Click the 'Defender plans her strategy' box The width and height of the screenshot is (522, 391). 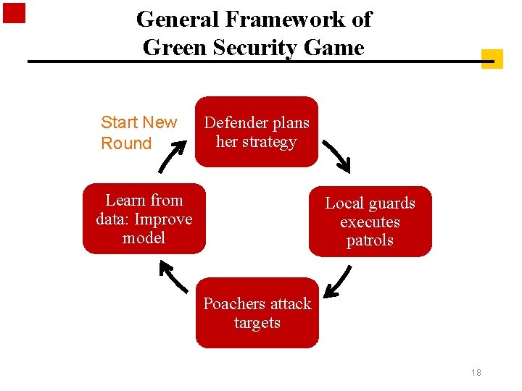tap(257, 132)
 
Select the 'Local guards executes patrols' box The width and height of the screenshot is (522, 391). tap(370, 222)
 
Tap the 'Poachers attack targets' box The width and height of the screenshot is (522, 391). tap(257, 313)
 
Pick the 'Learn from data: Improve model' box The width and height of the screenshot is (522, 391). tap(144, 219)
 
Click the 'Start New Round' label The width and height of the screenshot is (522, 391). tap(138, 133)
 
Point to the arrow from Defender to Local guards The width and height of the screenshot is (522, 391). tap(336, 156)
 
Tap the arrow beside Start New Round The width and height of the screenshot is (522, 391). tap(171, 154)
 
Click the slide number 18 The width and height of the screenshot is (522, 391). tap(476, 373)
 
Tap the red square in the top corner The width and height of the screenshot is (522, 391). tap(14, 14)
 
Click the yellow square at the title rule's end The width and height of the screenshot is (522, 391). tap(492, 59)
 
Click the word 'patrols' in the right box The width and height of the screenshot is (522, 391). tap(370, 240)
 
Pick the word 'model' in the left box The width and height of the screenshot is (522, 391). tap(144, 237)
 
